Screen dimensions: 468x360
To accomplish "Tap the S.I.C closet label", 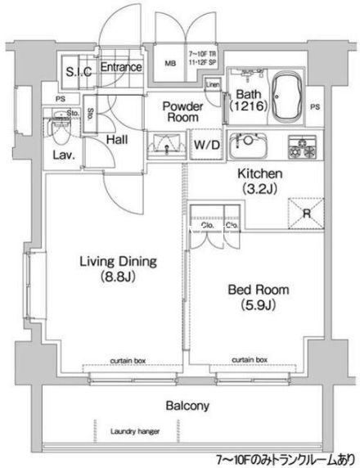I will (79, 70).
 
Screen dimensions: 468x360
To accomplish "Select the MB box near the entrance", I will (172, 62).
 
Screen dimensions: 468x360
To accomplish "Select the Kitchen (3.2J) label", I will (259, 181).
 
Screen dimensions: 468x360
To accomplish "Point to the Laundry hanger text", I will (136, 431).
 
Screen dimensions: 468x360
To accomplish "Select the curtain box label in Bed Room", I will (250, 359).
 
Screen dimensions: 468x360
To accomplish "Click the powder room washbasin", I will (166, 145).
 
